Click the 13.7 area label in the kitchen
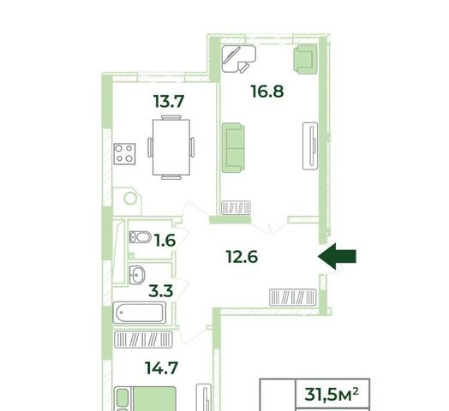[x=169, y=102]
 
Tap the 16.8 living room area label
[x=267, y=92]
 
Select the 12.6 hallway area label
[x=242, y=257]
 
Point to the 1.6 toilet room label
[x=165, y=241]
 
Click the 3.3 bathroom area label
[x=161, y=291]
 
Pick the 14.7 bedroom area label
[x=162, y=368]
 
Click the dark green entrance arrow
[x=337, y=256]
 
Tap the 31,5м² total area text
[x=332, y=394]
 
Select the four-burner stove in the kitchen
[x=124, y=153]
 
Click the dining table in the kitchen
[x=171, y=147]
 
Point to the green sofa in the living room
[x=233, y=147]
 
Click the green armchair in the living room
[x=306, y=59]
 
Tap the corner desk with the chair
[x=238, y=59]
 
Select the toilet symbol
[x=140, y=237]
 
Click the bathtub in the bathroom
[x=140, y=313]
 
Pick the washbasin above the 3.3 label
[x=137, y=275]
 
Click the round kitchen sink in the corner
[x=130, y=198]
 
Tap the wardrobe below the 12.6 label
[x=293, y=297]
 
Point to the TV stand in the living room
[x=310, y=146]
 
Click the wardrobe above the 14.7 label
[x=143, y=339]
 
